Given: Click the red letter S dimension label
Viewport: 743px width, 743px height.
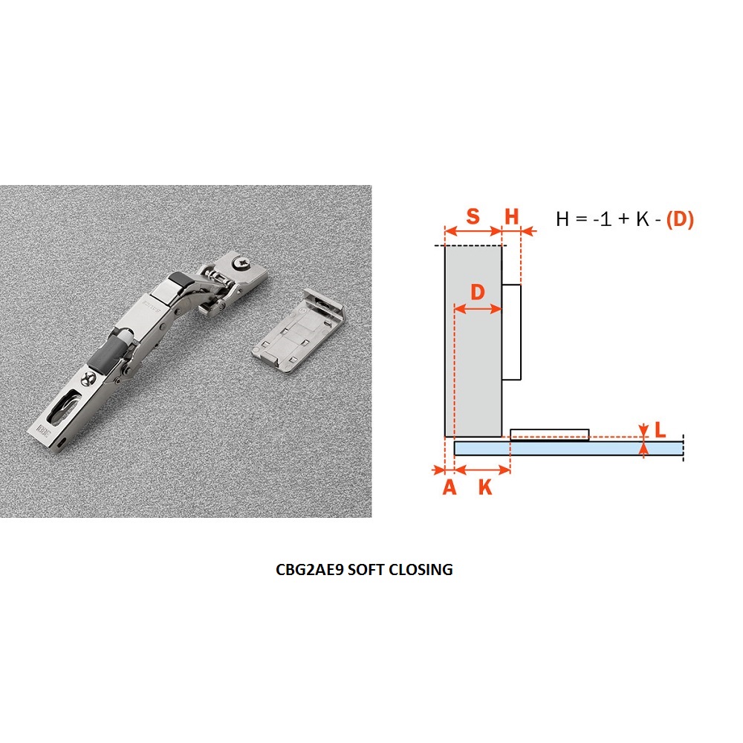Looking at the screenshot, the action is (473, 216).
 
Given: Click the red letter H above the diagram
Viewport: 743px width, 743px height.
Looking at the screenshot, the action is (512, 216).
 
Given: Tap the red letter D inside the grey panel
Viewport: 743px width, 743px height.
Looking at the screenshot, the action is (478, 292).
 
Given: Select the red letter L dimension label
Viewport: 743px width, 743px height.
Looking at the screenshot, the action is (660, 429).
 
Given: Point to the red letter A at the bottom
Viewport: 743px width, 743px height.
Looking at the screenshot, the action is (450, 487).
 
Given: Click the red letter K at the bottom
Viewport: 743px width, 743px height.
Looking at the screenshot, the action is (484, 487).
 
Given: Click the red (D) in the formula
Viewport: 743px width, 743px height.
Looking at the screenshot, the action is (680, 219).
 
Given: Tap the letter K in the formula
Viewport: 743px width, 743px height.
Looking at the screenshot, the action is (643, 219).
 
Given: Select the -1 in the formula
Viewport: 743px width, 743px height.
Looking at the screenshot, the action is (602, 219).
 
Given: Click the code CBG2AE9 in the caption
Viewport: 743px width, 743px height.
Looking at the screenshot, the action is (309, 569).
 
